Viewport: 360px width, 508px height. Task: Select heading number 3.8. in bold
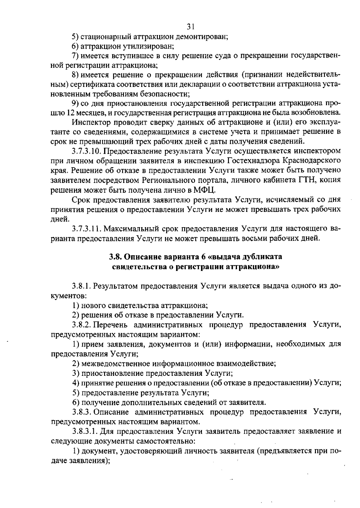pos(115,257)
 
